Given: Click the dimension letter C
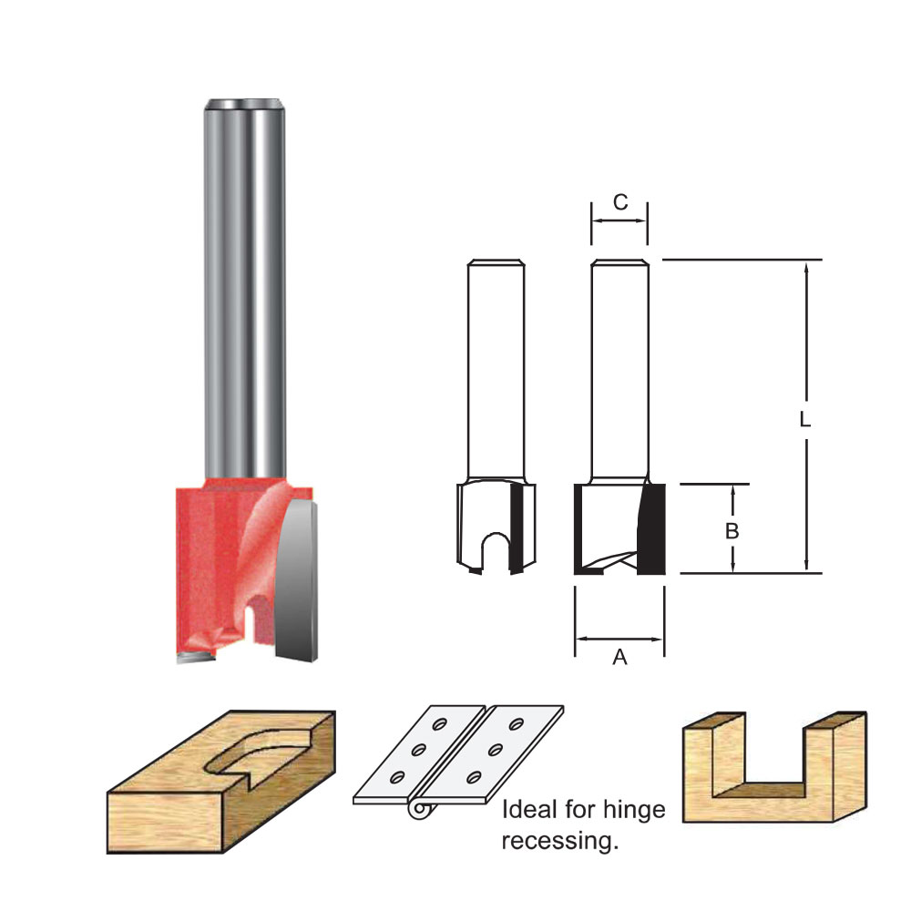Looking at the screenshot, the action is (619, 202).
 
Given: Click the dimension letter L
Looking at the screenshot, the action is (804, 419).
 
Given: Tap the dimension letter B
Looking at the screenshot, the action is (732, 530).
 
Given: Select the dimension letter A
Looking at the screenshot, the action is (619, 657).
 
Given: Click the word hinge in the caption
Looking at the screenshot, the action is (634, 810).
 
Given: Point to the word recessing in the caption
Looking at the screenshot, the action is (560, 841).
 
